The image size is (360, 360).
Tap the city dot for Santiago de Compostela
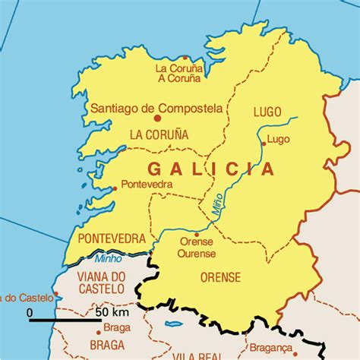coord(158,118)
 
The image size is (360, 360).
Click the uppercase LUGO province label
coord(267,112)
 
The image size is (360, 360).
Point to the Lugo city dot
coord(264,143)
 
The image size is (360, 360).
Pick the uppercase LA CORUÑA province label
coord(159,135)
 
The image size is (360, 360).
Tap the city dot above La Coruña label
coord(185,57)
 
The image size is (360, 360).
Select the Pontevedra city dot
coord(115,188)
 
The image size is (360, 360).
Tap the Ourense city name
coord(197,253)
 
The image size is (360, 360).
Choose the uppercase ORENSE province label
coord(220,277)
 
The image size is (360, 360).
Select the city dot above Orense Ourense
coord(196,234)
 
